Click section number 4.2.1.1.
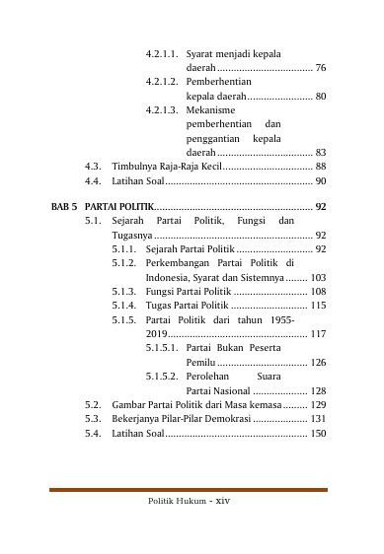click(x=163, y=51)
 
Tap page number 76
click(x=321, y=67)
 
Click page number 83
click(x=321, y=153)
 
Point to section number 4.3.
click(x=94, y=168)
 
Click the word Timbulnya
click(x=132, y=168)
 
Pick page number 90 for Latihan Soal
click(x=321, y=182)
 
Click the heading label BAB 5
click(x=64, y=207)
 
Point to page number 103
click(x=318, y=279)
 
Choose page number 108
click(x=318, y=293)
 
